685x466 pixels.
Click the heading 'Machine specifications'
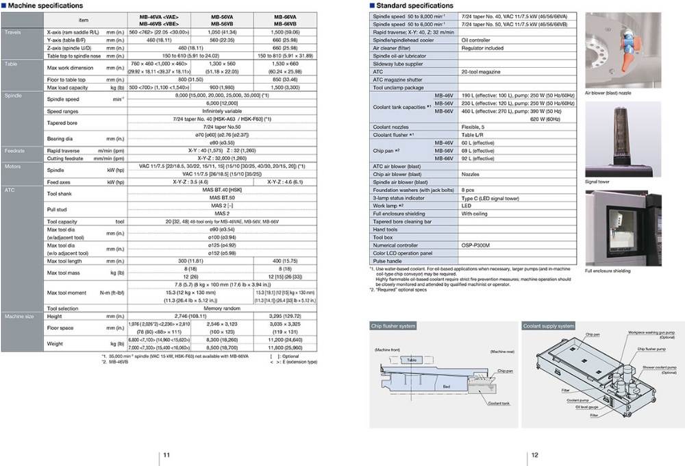[45, 5]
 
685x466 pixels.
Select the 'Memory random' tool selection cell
[222, 308]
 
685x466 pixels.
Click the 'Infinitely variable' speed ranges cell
[222, 110]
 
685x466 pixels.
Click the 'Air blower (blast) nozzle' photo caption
[608, 93]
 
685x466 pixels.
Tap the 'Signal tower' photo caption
[597, 182]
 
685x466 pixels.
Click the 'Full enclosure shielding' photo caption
[608, 271]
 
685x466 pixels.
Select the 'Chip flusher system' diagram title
[394, 326]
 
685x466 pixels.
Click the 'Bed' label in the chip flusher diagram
[446, 387]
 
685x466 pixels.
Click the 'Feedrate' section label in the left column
[15, 150]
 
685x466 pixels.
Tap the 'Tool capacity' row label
[62, 222]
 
